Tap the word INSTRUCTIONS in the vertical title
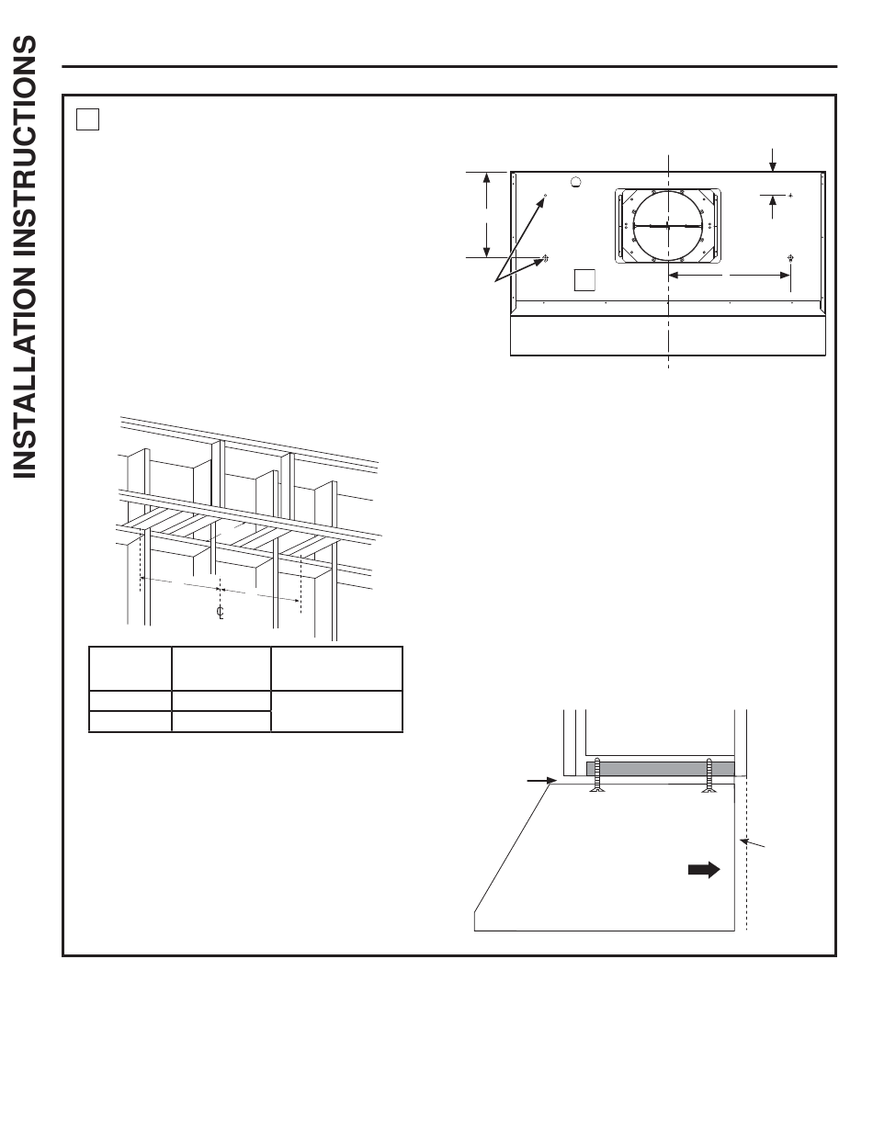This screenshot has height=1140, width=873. tap(24, 147)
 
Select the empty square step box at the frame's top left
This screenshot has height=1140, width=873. tap(87, 119)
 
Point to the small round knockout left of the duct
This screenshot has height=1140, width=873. tap(575, 182)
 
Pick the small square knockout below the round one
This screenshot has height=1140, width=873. tap(584, 279)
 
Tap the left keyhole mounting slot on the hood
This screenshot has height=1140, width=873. tap(546, 258)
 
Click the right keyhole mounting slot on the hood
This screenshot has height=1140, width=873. tap(790, 258)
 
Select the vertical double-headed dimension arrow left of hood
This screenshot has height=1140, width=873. tap(487, 215)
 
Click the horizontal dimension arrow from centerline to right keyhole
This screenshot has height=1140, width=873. tap(730, 275)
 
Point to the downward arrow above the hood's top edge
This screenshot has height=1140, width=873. tap(772, 160)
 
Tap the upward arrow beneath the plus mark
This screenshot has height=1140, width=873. tap(772, 207)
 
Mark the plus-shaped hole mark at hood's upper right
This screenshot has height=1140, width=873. tap(790, 196)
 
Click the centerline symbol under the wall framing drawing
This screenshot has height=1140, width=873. tap(221, 612)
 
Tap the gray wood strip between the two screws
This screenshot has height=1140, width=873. tap(661, 769)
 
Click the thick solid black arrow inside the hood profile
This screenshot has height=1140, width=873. tap(704, 869)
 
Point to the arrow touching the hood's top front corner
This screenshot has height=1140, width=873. tap(542, 781)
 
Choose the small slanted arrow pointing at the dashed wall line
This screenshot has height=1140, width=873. tap(752, 843)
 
